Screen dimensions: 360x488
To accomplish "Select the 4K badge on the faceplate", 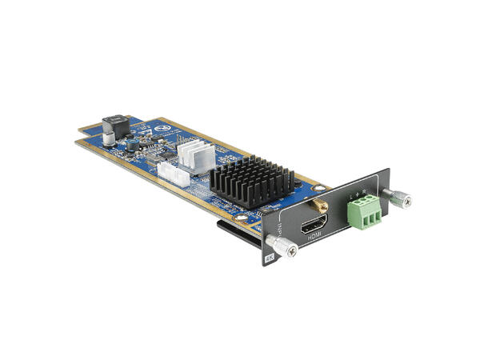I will (268, 258).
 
